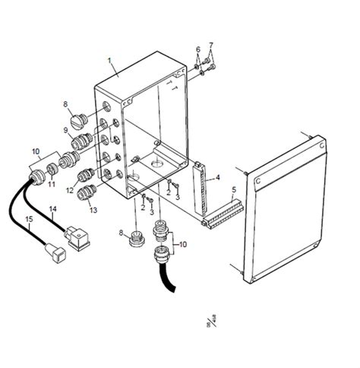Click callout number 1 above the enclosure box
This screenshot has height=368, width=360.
110,60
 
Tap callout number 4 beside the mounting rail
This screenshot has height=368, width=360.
218,178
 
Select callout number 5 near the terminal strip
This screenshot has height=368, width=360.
234,189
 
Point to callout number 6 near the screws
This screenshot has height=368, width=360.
197,49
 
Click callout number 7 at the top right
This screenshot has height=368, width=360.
210,45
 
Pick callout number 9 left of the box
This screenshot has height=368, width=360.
65,130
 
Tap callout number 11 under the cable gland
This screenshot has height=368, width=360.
52,184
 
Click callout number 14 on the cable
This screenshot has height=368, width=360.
52,208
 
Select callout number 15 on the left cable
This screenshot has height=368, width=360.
30,221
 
